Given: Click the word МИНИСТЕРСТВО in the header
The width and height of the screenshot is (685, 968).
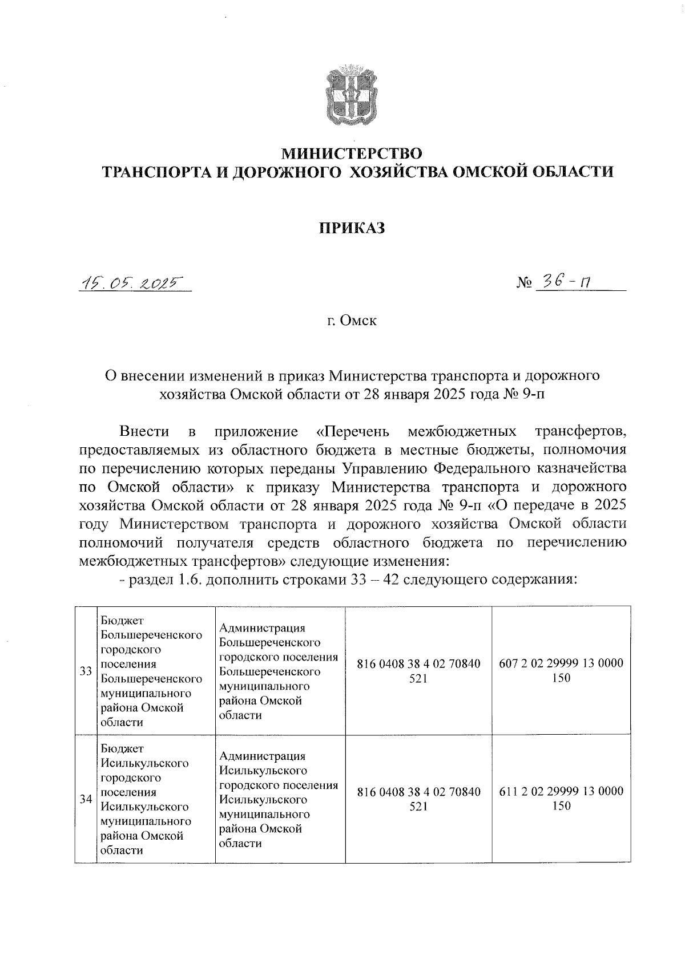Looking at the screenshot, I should (x=352, y=153).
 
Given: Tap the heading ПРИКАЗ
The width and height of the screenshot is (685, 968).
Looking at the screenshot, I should (x=352, y=228).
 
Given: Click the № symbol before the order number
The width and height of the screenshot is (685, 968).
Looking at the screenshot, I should (x=524, y=283).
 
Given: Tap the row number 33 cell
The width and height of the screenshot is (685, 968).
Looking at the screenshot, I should (x=86, y=671).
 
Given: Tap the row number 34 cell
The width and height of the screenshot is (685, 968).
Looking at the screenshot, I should (x=86, y=799).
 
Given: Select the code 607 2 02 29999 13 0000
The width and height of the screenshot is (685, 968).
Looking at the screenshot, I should (x=561, y=664).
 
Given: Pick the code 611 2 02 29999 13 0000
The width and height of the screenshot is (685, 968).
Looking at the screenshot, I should (x=561, y=792).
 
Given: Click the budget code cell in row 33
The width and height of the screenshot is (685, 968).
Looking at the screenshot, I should (x=418, y=671).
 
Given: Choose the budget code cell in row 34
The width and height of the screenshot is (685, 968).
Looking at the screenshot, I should (x=418, y=799).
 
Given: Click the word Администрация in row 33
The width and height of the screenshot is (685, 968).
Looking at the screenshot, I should (x=262, y=627).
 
